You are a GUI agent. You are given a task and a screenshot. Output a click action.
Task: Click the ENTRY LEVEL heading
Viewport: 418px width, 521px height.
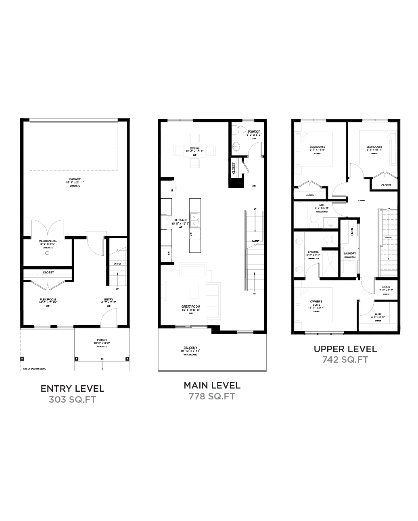73,389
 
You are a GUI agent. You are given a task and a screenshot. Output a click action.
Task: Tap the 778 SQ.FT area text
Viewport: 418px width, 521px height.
212,397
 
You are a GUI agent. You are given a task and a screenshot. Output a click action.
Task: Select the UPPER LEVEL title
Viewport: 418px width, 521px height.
345,349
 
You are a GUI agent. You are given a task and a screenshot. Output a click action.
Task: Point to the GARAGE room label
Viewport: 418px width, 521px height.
75,179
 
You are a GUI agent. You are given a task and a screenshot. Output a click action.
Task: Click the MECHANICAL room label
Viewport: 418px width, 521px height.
48,241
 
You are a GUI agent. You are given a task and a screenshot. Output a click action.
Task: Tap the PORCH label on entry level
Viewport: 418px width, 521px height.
101,340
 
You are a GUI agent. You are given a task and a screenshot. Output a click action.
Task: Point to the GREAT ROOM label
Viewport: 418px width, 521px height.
190,307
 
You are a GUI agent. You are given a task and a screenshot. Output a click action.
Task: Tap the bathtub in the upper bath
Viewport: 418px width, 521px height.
301,215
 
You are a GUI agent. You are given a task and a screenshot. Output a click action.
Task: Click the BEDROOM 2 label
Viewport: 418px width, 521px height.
318,147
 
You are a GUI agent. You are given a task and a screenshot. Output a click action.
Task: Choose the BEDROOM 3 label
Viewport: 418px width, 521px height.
374,147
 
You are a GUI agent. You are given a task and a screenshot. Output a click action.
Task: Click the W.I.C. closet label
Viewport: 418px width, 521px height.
378,313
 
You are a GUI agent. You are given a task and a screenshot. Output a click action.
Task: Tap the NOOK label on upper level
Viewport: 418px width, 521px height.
386,288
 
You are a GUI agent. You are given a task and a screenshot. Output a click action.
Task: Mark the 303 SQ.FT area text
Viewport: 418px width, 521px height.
73,400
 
